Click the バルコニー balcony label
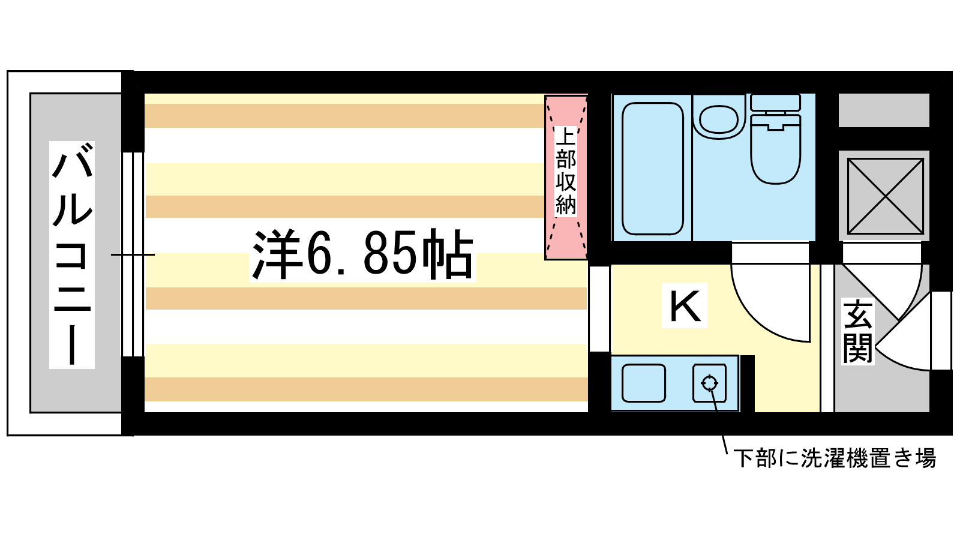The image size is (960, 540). pyautogui.click(x=71, y=254)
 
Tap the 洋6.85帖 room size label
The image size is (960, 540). pyautogui.click(x=362, y=255)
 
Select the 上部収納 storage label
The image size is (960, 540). pyautogui.click(x=566, y=171)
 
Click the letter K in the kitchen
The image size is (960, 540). pyautogui.click(x=685, y=305)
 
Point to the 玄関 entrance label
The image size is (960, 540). pyautogui.click(x=857, y=331)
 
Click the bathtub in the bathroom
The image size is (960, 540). pyautogui.click(x=652, y=169)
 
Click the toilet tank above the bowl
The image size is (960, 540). pyautogui.click(x=776, y=103)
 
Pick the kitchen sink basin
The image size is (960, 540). pyautogui.click(x=643, y=383)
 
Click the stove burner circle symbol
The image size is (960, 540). pyautogui.click(x=709, y=383)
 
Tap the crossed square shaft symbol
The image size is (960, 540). pyautogui.click(x=886, y=196)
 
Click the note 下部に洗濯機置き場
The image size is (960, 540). pyautogui.click(x=835, y=458)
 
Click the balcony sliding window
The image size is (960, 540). pyautogui.click(x=133, y=254)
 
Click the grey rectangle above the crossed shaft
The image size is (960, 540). pyautogui.click(x=884, y=110)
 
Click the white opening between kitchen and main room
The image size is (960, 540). pyautogui.click(x=599, y=308)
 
